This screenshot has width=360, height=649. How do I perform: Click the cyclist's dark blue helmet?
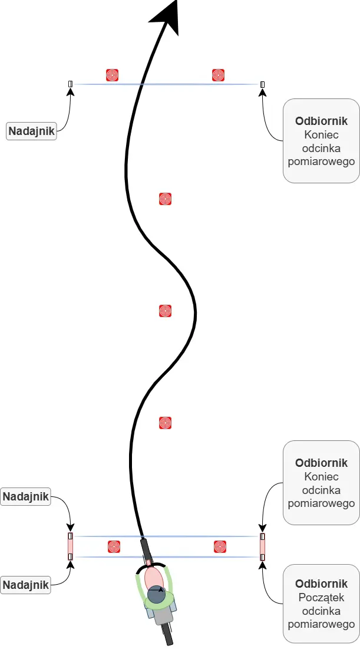point(156,595)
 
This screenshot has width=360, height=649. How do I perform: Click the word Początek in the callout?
point(321,597)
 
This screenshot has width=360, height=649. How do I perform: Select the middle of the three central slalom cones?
point(165,311)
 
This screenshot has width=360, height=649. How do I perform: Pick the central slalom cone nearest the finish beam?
point(165,199)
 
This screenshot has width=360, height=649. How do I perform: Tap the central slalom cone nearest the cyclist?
point(165,423)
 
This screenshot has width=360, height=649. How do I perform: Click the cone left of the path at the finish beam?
point(112,75)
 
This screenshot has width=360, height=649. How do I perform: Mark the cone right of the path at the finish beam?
point(219,75)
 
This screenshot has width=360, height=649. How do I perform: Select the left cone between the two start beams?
point(114,546)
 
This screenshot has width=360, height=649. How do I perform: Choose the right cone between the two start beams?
point(220,546)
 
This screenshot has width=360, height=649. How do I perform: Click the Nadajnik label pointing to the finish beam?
point(31,131)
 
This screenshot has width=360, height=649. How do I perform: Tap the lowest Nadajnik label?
point(26,585)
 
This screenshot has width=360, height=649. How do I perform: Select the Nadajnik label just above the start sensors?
point(26,496)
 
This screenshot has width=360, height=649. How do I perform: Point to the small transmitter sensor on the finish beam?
point(70,84)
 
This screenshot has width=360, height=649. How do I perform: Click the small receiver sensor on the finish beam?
point(262,84)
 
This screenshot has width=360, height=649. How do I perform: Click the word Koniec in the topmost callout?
point(321,134)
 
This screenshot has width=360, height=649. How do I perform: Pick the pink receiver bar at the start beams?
point(262,546)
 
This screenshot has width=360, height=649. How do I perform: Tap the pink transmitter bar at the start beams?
point(70,546)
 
